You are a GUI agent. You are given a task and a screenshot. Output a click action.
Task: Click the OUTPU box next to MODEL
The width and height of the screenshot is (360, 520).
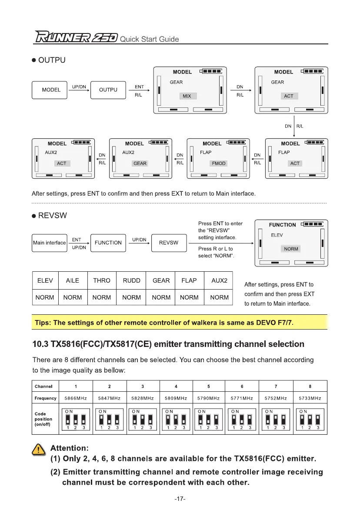tap(108, 90)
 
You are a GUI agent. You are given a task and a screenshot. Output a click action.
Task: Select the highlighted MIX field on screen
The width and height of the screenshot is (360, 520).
tap(187, 96)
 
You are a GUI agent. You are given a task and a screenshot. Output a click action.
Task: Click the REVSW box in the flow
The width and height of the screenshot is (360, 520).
tap(169, 243)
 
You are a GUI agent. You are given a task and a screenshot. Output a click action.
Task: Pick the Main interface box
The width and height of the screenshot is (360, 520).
tap(50, 243)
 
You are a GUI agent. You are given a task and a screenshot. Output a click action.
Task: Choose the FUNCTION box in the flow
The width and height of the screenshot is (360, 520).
tap(108, 243)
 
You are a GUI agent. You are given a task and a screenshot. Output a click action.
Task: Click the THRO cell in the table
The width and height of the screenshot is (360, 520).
tap(102, 281)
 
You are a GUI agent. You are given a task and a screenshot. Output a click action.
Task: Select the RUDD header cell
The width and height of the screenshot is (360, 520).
tap(131, 281)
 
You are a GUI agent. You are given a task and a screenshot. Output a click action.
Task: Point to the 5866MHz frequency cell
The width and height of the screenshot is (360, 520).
tap(76, 398)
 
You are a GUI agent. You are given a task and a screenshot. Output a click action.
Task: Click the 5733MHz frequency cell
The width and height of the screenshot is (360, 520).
tap(310, 398)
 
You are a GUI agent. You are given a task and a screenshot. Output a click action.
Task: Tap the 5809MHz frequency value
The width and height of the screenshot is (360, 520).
tap(176, 398)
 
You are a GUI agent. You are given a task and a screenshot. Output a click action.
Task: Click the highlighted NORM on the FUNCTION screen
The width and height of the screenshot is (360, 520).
tap(291, 249)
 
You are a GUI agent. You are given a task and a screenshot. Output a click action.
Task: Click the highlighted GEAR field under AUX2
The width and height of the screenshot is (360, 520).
tap(140, 163)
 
